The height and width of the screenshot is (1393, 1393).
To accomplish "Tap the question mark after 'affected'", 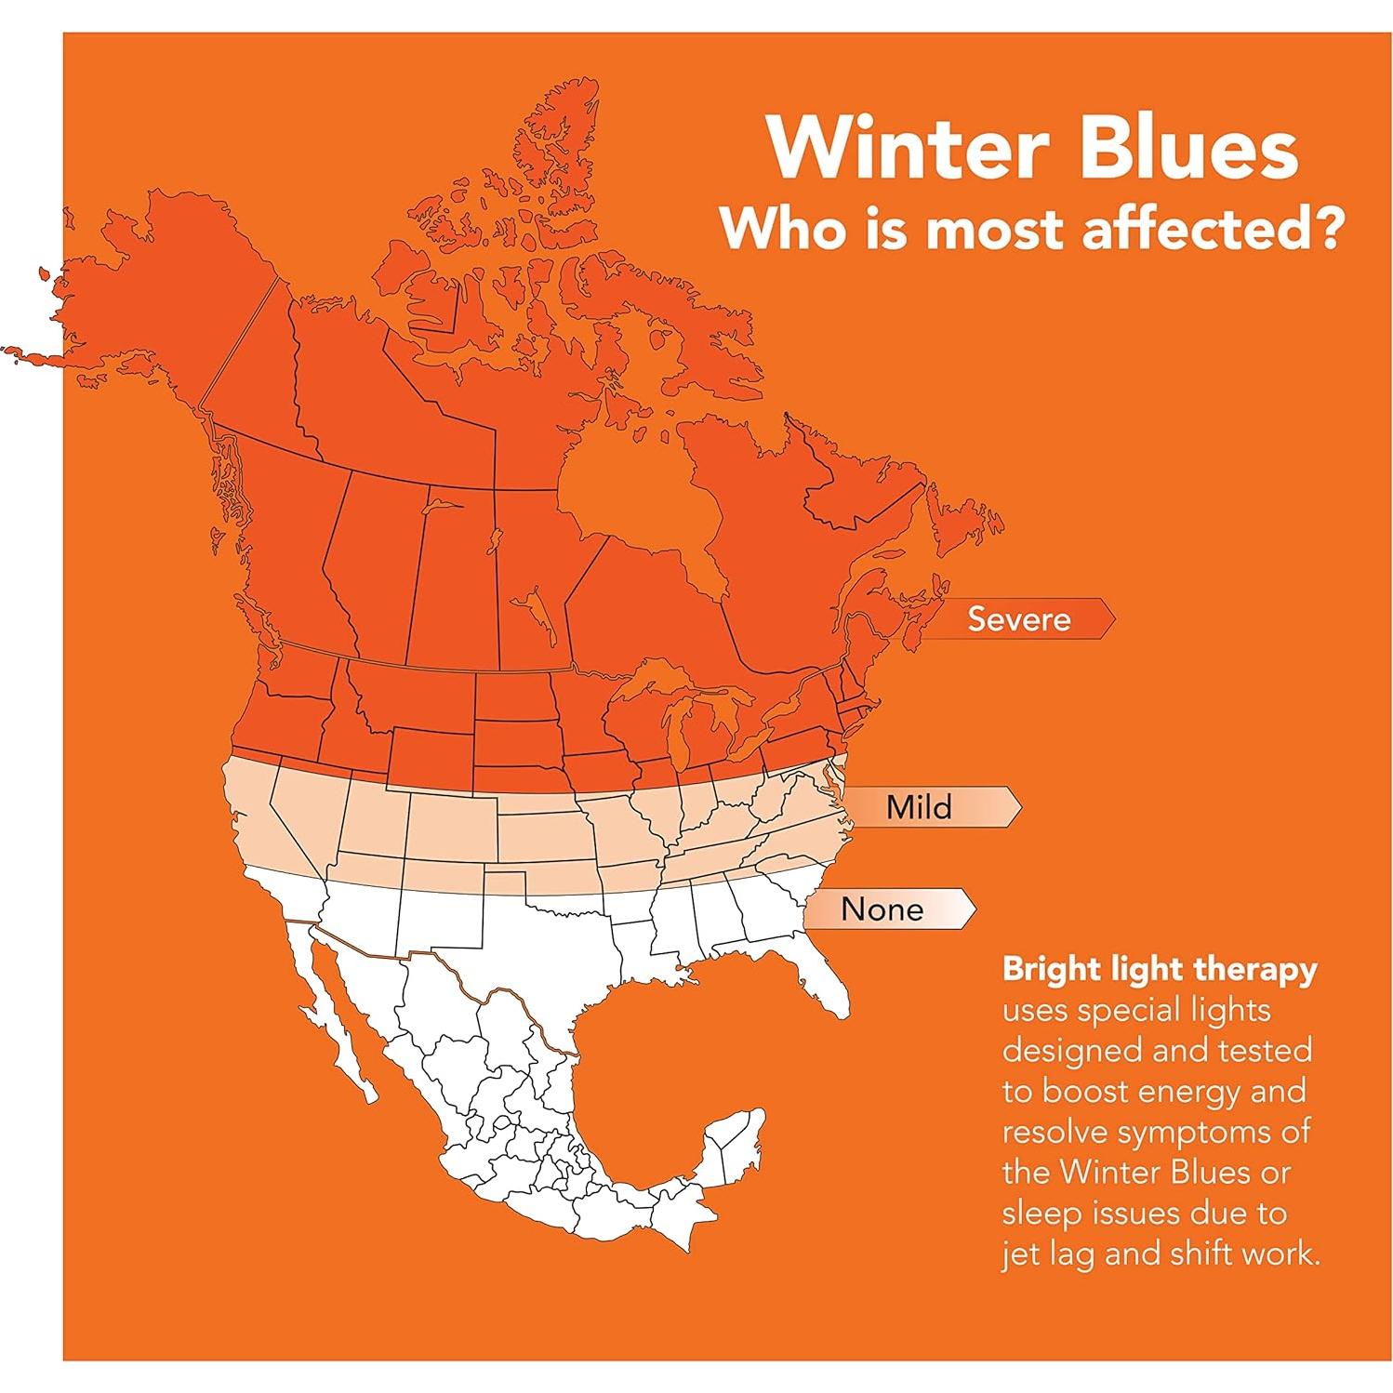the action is [x=1324, y=229].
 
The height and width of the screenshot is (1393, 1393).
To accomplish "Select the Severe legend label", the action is [x=1019, y=618].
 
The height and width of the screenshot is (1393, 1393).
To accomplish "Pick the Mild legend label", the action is [x=920, y=806].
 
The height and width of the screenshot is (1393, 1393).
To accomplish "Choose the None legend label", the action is [x=882, y=909].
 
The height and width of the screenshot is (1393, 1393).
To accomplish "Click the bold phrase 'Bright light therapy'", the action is [x=1160, y=971].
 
